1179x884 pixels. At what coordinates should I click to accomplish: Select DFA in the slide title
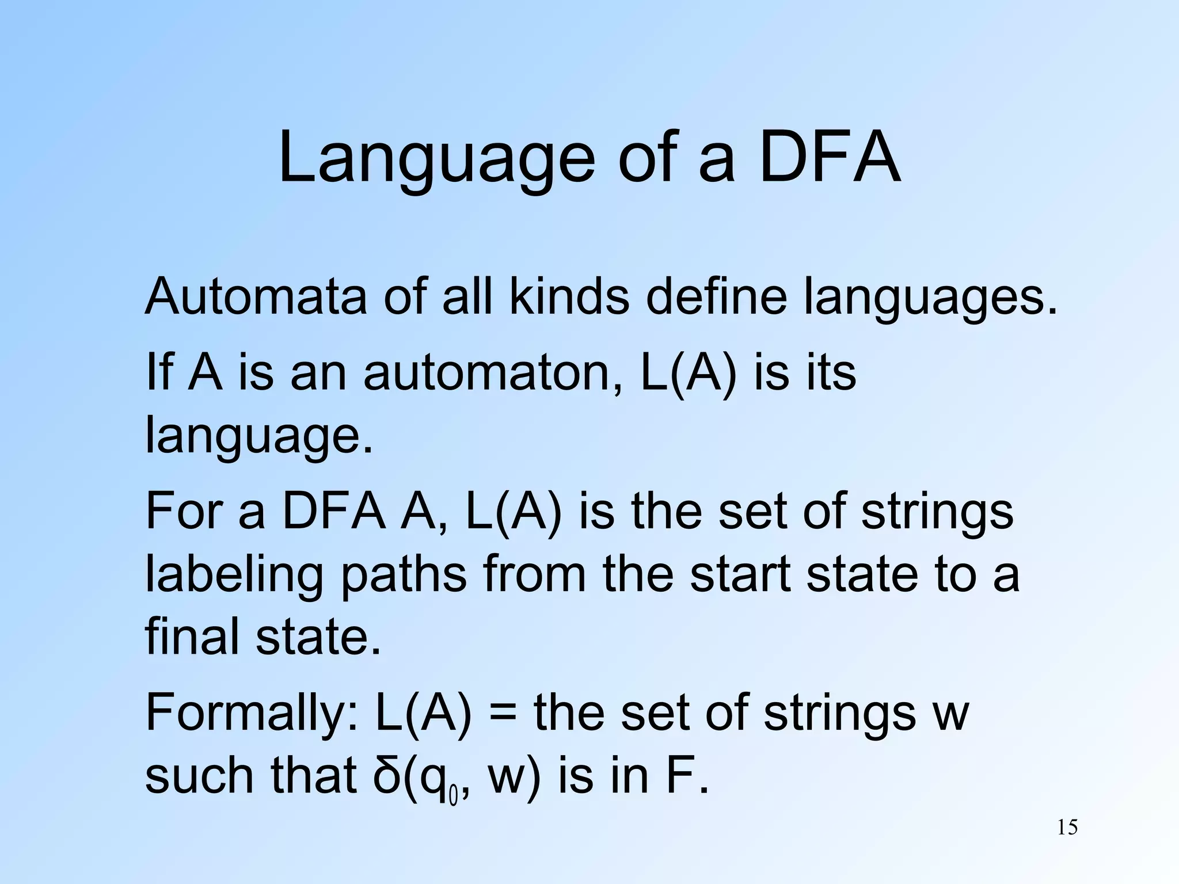pyautogui.click(x=830, y=158)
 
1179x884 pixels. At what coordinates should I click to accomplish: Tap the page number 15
pyautogui.click(x=1067, y=828)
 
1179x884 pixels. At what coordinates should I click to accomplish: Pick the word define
pyautogui.click(x=716, y=297)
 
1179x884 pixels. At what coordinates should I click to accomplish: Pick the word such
pyautogui.click(x=199, y=775)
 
